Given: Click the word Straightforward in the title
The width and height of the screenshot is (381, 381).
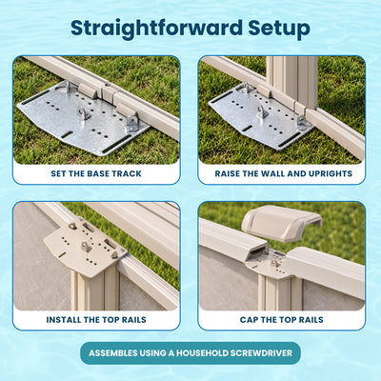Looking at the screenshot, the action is (x=156, y=29).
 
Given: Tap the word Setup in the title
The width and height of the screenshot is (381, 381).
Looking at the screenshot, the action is (x=279, y=30).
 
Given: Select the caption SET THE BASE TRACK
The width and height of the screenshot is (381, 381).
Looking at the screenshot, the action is (x=96, y=173).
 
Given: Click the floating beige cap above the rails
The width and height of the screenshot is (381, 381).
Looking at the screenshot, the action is (x=281, y=222).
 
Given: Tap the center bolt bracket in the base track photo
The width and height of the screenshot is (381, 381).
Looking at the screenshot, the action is (x=85, y=113).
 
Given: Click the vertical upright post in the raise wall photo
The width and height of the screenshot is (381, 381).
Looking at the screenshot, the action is (x=292, y=81).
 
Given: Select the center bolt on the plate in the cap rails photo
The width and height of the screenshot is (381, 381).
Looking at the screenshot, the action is (x=274, y=263).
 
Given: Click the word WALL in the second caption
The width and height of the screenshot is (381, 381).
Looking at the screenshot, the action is (x=272, y=173).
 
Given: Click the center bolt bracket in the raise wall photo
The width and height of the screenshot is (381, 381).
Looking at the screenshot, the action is (x=263, y=111).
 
